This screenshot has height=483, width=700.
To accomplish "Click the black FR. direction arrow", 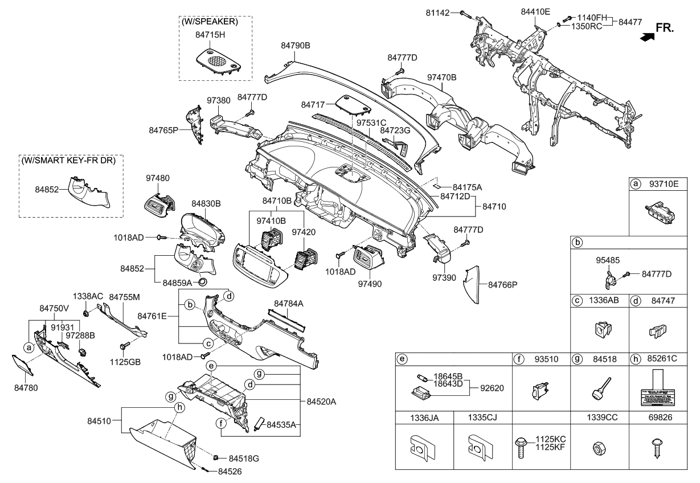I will (x=646, y=37).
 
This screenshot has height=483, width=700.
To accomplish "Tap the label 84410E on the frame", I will (x=535, y=11).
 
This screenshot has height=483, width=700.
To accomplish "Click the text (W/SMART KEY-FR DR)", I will (x=68, y=161).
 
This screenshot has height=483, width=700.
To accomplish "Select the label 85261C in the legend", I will (x=662, y=359).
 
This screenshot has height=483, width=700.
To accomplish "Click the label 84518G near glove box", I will (x=244, y=458).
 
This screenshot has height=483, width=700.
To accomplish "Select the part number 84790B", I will (x=295, y=45).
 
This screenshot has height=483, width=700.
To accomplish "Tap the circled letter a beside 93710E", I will (x=634, y=184).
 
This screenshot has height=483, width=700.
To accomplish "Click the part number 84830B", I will (x=206, y=203).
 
